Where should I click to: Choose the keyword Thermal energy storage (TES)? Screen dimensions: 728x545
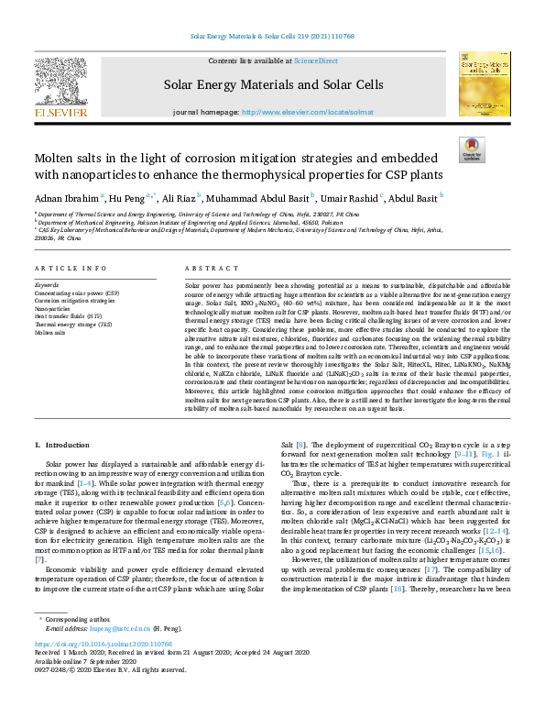click(73, 325)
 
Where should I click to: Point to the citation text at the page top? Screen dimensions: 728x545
click(272, 36)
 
